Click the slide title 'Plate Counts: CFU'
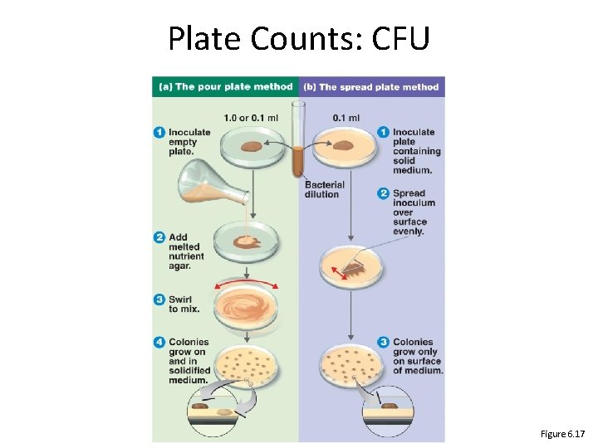point(299,38)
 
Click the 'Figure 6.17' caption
point(562,434)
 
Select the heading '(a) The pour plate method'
point(224,86)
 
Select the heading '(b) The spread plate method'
point(371,86)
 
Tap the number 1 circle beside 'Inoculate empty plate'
point(159,132)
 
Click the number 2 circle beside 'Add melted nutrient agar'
point(159,238)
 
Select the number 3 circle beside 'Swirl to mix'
point(159,299)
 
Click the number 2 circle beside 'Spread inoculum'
point(384,194)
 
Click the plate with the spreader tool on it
point(352,266)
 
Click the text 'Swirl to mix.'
point(184,304)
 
